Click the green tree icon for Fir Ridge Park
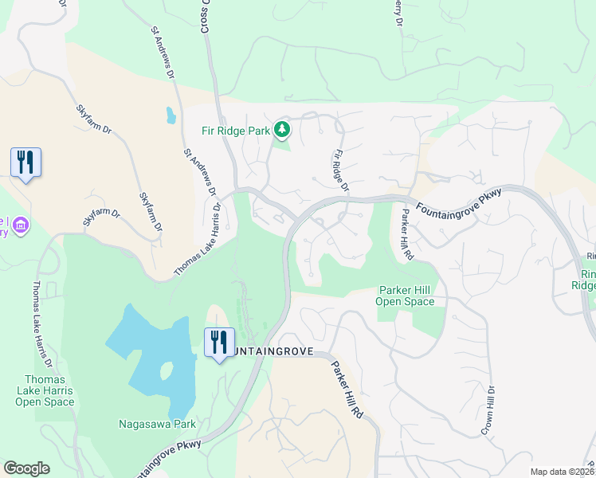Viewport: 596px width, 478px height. point(280,128)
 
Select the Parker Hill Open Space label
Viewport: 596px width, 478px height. point(406,296)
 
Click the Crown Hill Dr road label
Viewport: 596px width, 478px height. point(488,411)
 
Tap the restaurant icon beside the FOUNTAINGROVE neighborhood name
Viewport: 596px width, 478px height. point(218,343)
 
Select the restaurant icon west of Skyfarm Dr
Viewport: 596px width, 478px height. point(25,163)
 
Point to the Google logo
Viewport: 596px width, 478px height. point(26,468)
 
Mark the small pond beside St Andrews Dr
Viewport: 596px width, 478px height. point(171,116)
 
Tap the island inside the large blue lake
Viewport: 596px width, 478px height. point(167,371)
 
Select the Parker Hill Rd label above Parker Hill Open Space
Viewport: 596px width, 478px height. point(407,234)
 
